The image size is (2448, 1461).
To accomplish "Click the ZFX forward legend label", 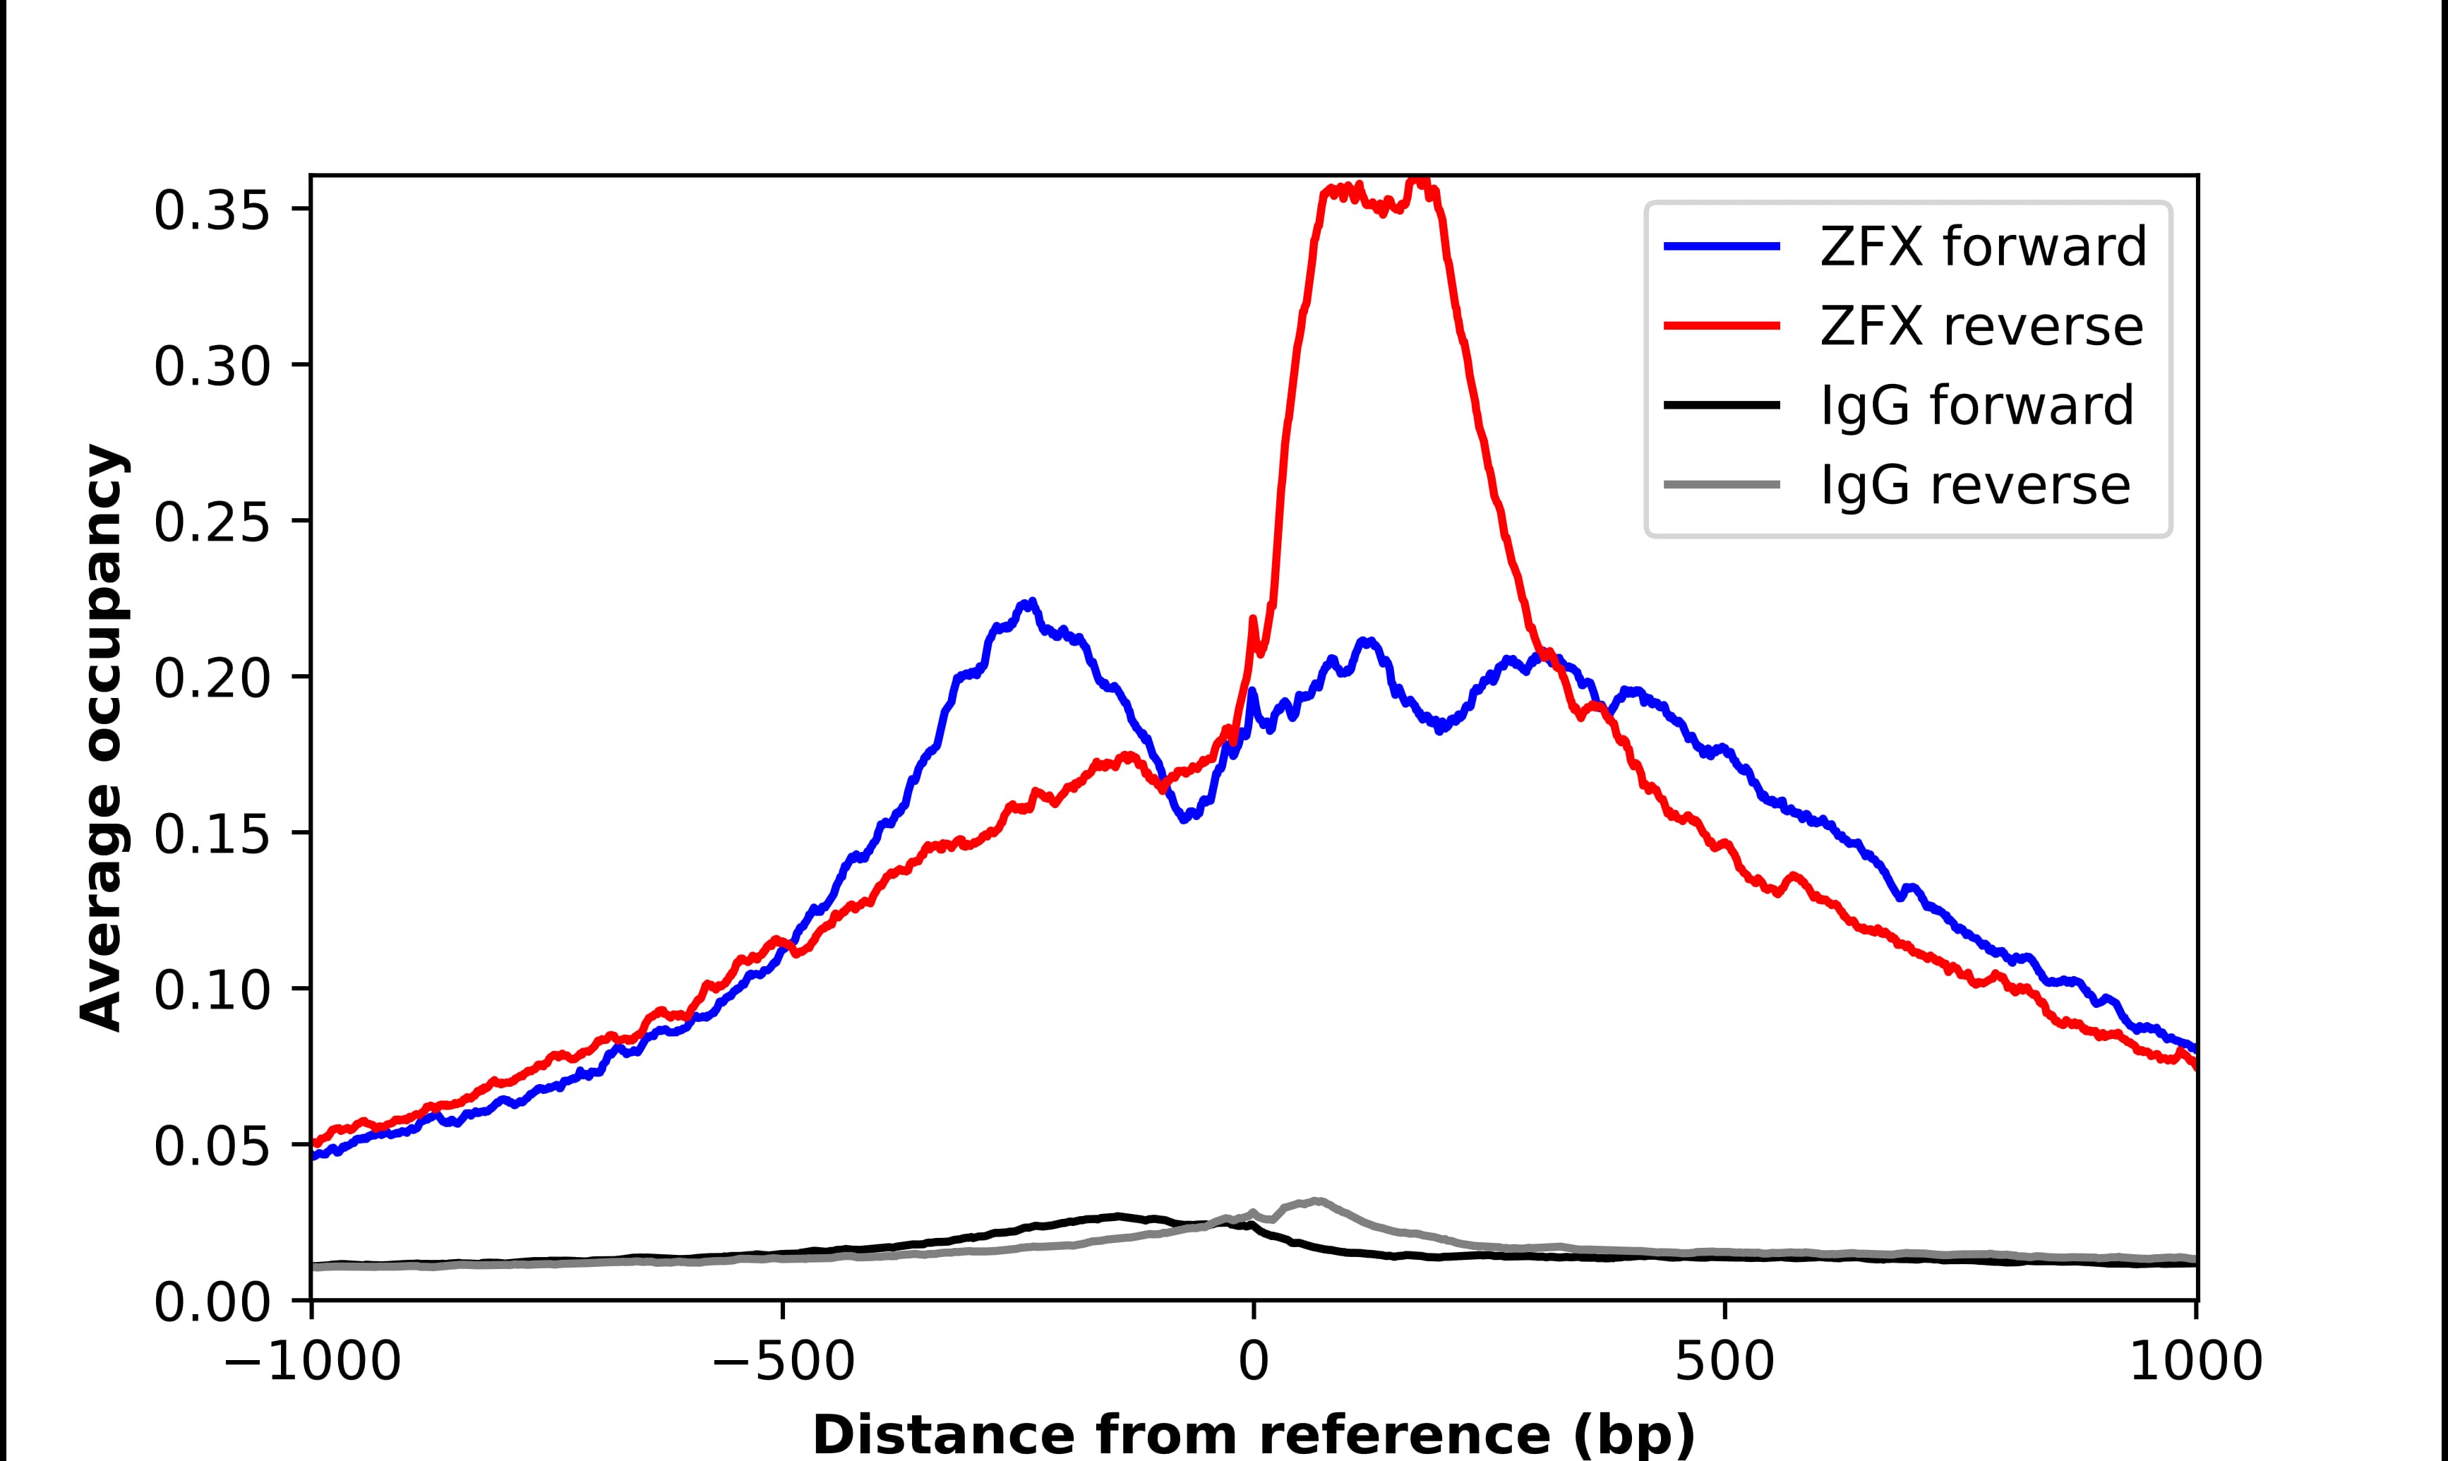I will coord(1982,246).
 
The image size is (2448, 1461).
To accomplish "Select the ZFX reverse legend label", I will coord(1981,326).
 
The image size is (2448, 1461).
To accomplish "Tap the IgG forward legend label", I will coord(1976,406).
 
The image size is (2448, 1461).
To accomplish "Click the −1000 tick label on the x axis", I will coord(312,1364).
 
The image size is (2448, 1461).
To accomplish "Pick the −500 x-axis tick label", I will coord(783,1364).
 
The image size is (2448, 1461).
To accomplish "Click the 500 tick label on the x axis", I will coord(1724,1364).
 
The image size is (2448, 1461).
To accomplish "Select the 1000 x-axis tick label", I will coord(2196,1364).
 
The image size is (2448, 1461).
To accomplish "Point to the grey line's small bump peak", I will coord(1317,1201).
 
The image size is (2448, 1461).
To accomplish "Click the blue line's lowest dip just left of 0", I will coord(1185,819).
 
